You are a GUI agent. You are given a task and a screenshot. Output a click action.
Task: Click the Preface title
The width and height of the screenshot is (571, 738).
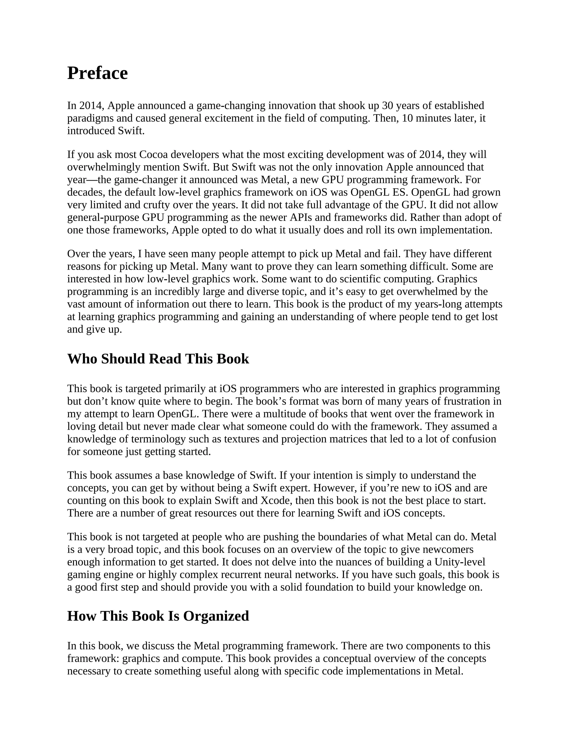[97, 73]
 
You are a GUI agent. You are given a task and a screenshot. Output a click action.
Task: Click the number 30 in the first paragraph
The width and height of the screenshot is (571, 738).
[387, 106]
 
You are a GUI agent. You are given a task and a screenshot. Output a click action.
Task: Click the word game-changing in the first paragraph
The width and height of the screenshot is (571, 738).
[231, 106]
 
